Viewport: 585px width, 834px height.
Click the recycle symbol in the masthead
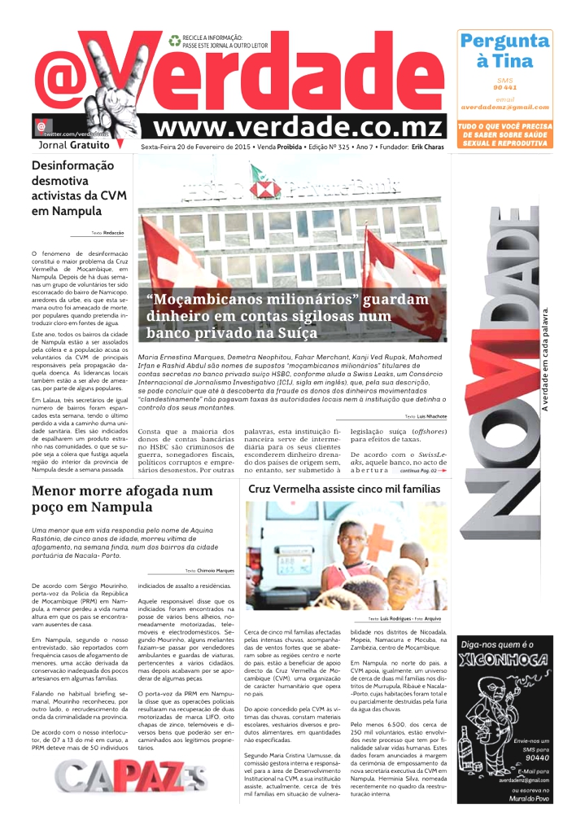point(174,40)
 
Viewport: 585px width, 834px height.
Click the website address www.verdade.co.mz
point(299,128)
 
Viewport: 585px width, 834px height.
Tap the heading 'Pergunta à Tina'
point(504,50)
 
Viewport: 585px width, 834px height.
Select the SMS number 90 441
point(504,87)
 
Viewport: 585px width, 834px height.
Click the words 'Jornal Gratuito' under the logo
point(73,145)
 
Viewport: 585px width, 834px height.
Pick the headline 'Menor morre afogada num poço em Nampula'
point(122,500)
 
